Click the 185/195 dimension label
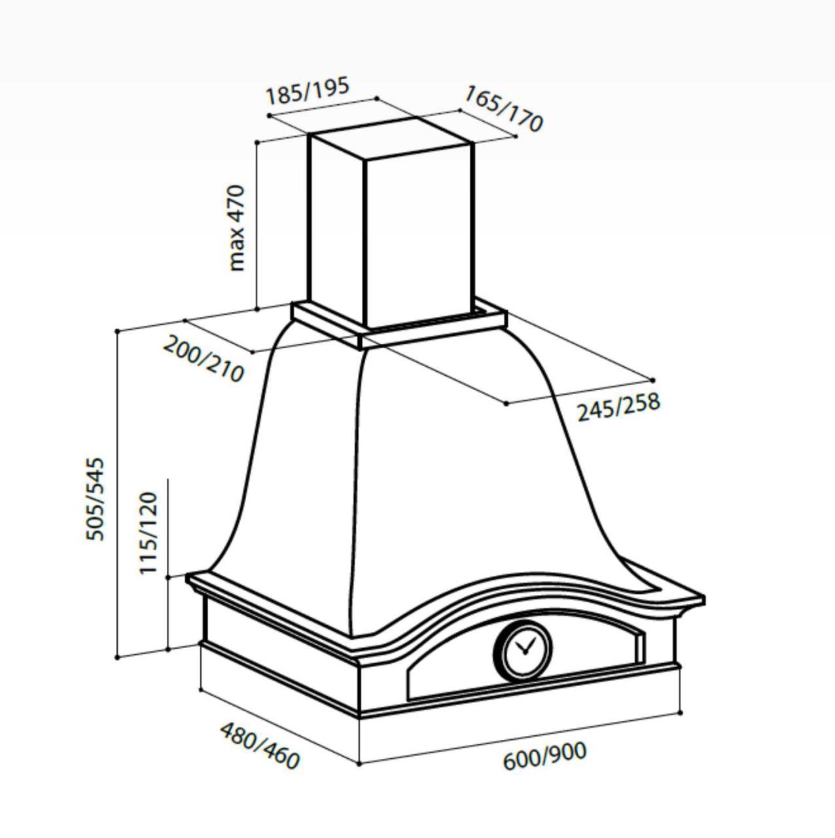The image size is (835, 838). pos(308,91)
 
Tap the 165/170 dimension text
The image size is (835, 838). pos(503,108)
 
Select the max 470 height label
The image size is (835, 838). pos(238,228)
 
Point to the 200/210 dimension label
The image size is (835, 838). pos(204,359)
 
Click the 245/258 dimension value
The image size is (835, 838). pos(618,407)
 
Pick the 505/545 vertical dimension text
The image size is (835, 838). pos(95,499)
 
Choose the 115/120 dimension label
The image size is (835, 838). pos(148,533)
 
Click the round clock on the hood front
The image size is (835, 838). pos(523,649)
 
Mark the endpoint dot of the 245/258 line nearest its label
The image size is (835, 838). pos(506,403)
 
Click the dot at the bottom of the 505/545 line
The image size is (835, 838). pos(117,658)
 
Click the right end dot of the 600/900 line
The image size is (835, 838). pos(681,713)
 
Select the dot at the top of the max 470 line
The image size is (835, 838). pos(257,142)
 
